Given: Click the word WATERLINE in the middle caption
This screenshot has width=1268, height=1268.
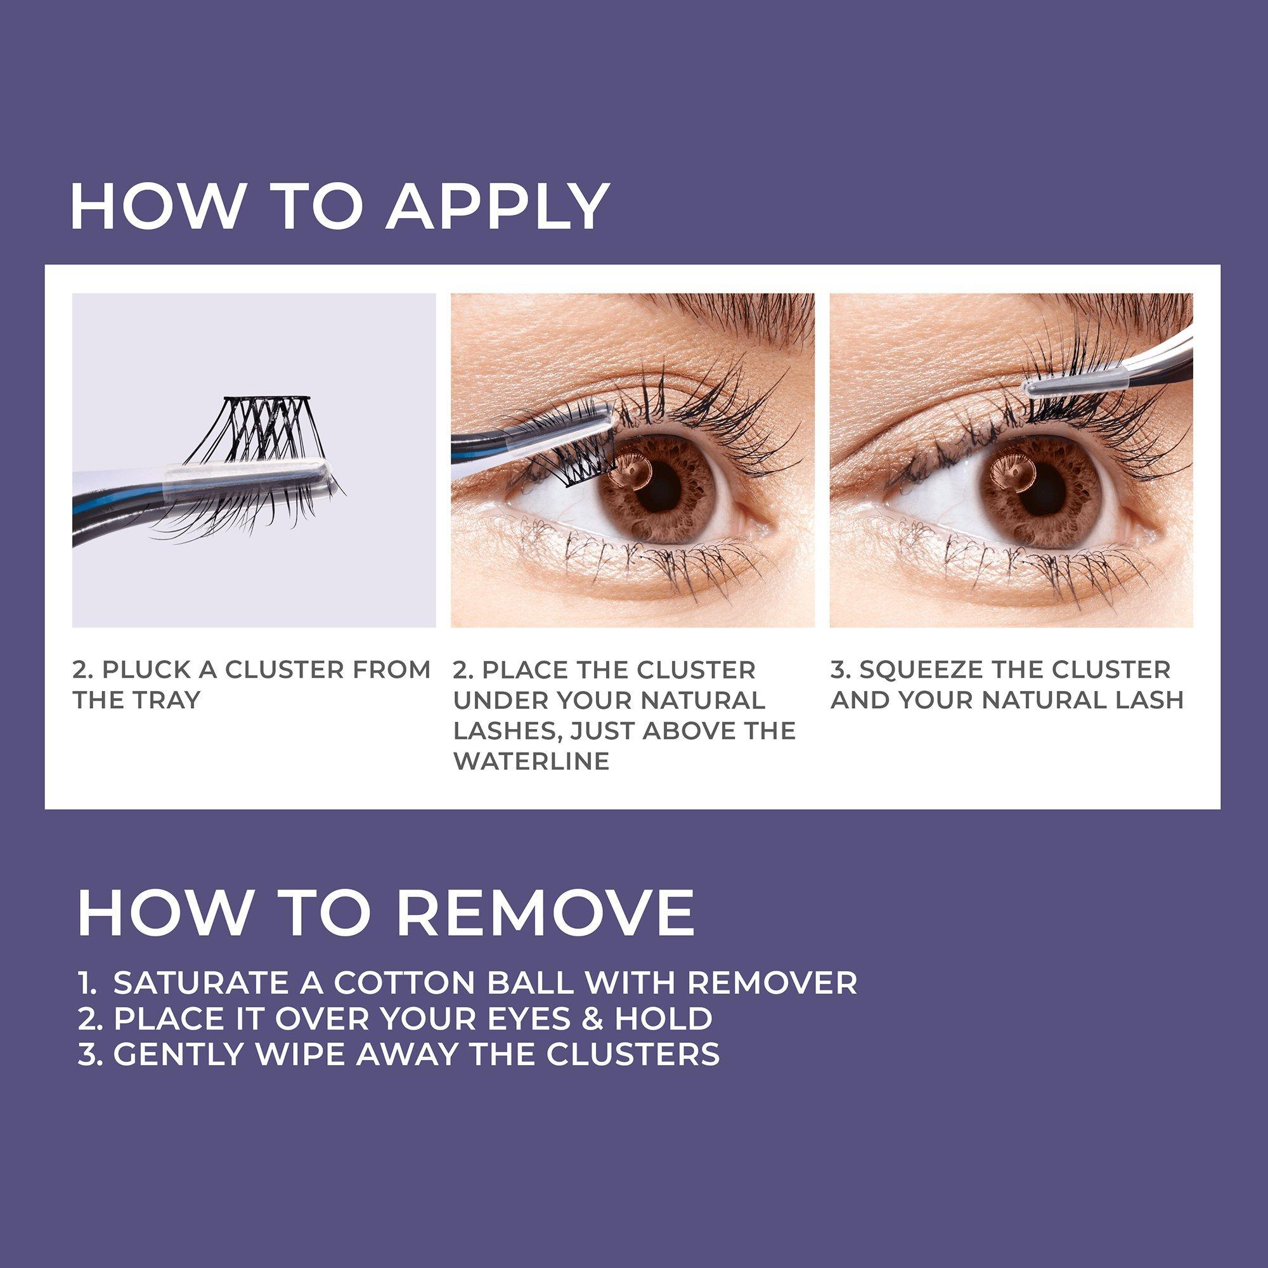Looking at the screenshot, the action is (x=532, y=762).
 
